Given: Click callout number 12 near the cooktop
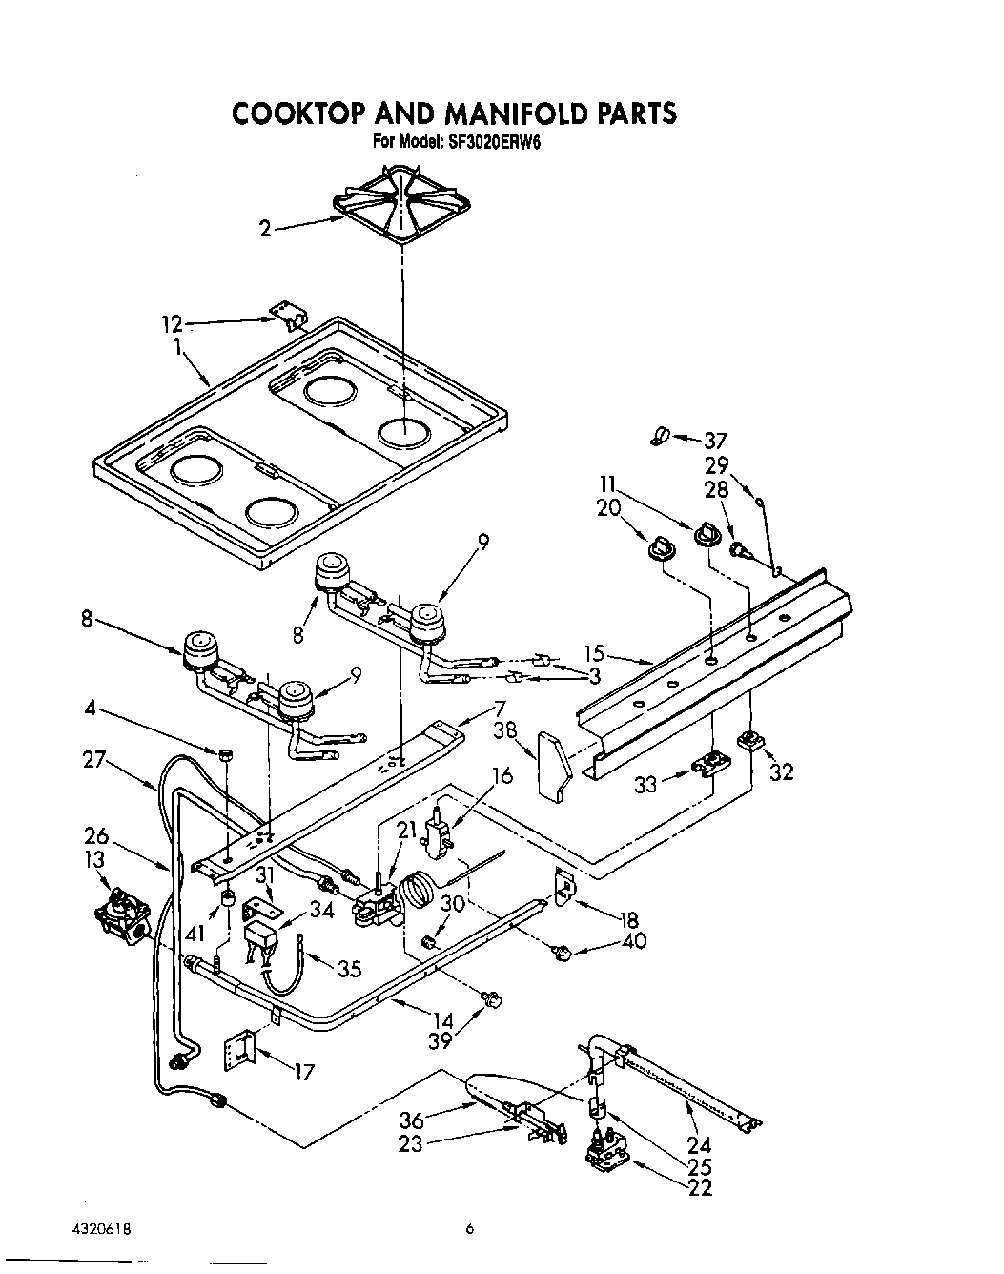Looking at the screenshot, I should [x=171, y=324].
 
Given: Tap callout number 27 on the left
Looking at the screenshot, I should [x=94, y=761].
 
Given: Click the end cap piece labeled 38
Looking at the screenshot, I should [x=552, y=764].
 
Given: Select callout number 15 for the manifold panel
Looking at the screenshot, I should [x=595, y=654].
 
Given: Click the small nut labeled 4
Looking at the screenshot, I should [x=227, y=755].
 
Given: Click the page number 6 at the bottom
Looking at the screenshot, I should [x=469, y=1230].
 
